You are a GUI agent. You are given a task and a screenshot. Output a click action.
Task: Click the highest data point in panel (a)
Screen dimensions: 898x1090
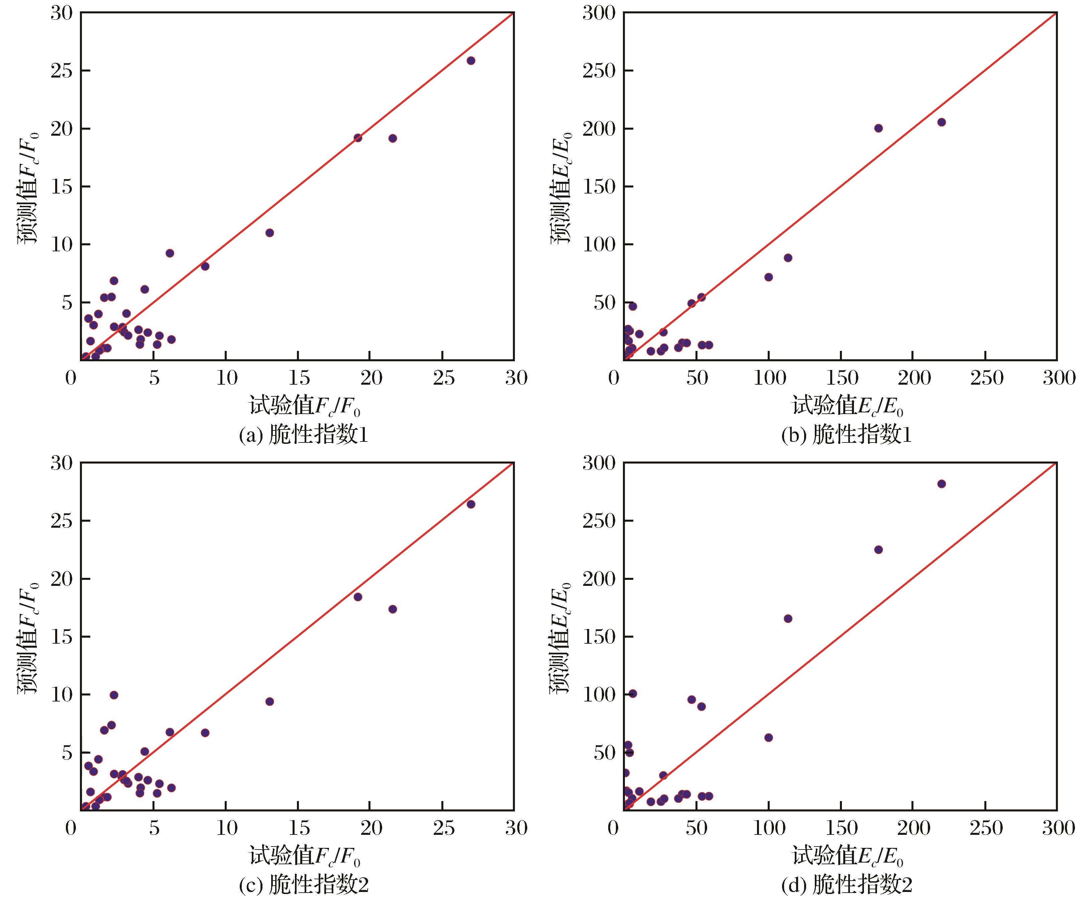(470, 60)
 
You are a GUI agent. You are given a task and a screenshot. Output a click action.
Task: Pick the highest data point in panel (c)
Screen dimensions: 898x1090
(470, 504)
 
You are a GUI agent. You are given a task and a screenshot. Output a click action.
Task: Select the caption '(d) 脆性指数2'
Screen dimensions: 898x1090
(847, 885)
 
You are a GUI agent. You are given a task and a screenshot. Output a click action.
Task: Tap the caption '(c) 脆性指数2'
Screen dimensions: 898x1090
(303, 885)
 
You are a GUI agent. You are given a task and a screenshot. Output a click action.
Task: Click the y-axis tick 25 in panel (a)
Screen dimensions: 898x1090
(61, 71)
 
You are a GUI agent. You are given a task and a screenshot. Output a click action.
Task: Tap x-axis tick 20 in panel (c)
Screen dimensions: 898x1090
(370, 828)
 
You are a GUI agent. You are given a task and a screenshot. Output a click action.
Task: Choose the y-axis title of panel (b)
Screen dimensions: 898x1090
(560, 187)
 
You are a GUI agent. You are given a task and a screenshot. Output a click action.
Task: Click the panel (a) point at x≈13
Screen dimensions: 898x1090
(269, 233)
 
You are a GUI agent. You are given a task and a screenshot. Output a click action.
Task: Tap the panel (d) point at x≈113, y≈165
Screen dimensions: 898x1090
(788, 618)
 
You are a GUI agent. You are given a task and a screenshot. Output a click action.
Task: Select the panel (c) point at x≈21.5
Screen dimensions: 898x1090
(392, 609)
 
